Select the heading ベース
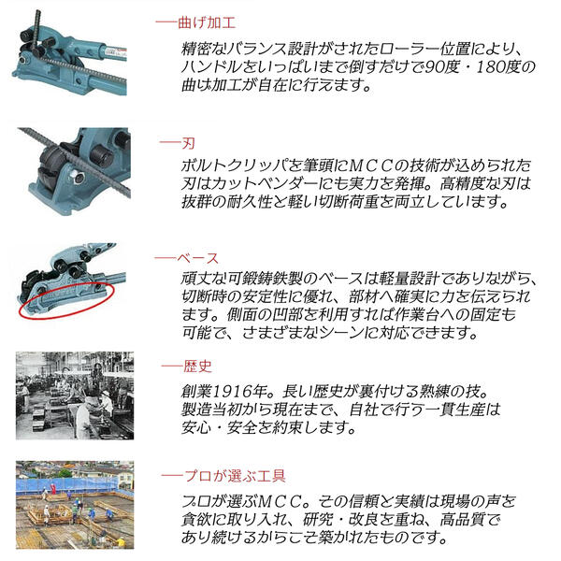tap(200, 257)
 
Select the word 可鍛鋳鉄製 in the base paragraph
tap(272, 278)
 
